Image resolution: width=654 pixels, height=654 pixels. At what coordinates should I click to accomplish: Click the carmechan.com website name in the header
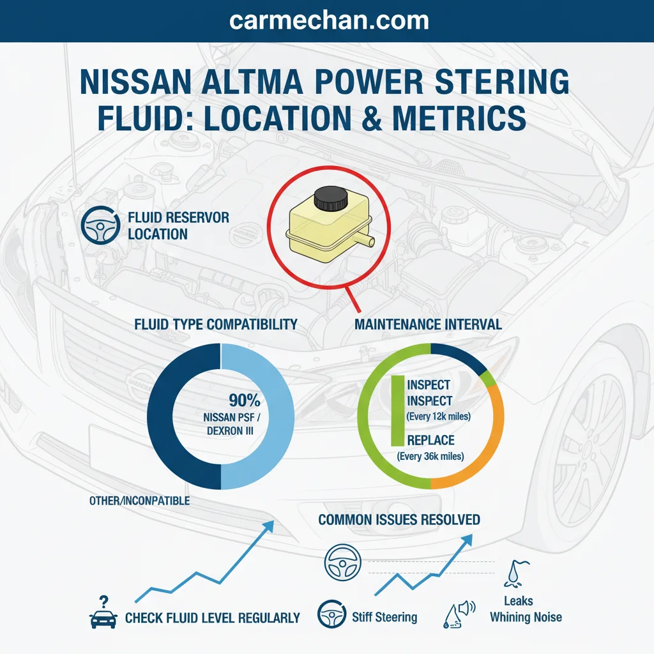click(x=329, y=20)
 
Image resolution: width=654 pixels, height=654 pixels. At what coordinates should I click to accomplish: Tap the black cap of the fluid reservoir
click(x=330, y=198)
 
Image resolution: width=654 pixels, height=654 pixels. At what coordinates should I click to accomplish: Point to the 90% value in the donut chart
click(x=245, y=400)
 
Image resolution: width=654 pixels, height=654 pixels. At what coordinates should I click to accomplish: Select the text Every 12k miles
click(x=438, y=416)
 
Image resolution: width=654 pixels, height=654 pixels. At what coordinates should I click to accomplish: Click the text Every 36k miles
click(x=430, y=456)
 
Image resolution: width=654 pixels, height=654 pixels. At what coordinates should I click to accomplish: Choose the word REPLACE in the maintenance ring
click(x=430, y=440)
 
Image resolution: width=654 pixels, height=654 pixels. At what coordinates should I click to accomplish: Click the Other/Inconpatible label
click(x=139, y=501)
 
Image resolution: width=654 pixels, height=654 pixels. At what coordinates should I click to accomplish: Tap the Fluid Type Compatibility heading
click(x=216, y=324)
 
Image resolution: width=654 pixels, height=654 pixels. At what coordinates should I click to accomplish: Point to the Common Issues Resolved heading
click(x=399, y=520)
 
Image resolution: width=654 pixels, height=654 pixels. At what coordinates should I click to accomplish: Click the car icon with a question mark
click(x=103, y=612)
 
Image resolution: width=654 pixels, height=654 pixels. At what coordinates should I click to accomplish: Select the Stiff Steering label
click(x=384, y=617)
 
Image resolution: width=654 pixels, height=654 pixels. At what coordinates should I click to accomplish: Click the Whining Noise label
click(x=526, y=617)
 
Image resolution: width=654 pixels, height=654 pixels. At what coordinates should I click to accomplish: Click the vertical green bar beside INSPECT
click(x=398, y=411)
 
